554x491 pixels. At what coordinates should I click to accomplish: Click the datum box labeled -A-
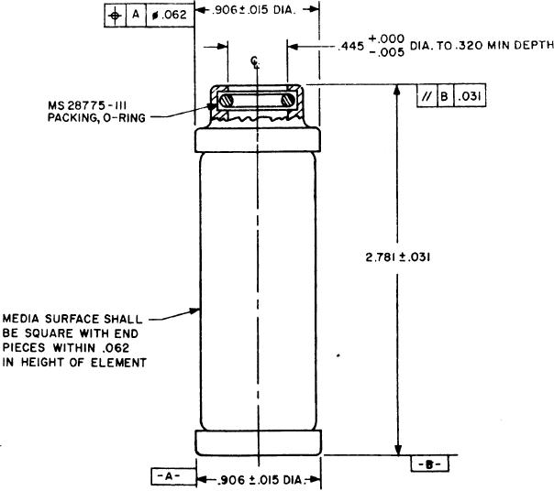coord(169,475)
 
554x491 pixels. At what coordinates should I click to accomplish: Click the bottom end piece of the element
coord(258,441)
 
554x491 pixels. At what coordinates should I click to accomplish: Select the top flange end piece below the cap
coord(258,139)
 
